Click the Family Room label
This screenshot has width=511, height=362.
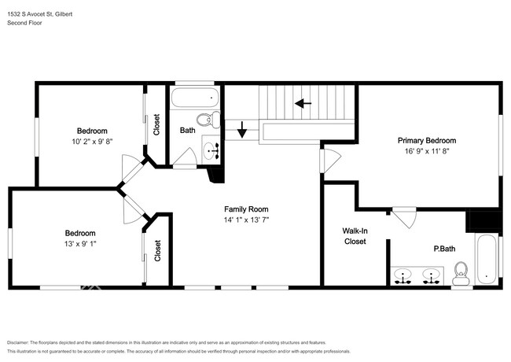(x=246, y=209)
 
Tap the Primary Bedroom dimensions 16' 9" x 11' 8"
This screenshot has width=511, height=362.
(x=427, y=151)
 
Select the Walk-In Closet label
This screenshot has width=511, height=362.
(x=355, y=236)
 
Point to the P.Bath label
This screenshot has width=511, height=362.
(x=444, y=249)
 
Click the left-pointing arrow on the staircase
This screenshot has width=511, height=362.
(x=303, y=103)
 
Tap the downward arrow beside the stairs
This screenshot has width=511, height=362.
(x=242, y=130)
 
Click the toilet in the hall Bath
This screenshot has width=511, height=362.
(x=208, y=120)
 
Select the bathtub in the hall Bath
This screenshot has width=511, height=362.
(x=194, y=97)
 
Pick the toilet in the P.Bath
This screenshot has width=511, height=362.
(x=461, y=273)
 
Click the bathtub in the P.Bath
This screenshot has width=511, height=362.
(x=486, y=259)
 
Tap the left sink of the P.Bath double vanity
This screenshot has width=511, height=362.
(x=403, y=276)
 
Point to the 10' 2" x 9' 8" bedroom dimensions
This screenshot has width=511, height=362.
(x=92, y=142)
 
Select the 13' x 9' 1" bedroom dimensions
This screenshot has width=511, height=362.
(x=80, y=244)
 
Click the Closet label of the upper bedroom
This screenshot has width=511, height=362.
(x=156, y=124)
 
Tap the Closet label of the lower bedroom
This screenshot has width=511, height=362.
(x=158, y=250)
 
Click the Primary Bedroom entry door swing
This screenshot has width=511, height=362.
(x=330, y=161)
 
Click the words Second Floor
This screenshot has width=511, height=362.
(x=24, y=23)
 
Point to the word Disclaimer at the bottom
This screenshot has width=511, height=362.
(x=18, y=343)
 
